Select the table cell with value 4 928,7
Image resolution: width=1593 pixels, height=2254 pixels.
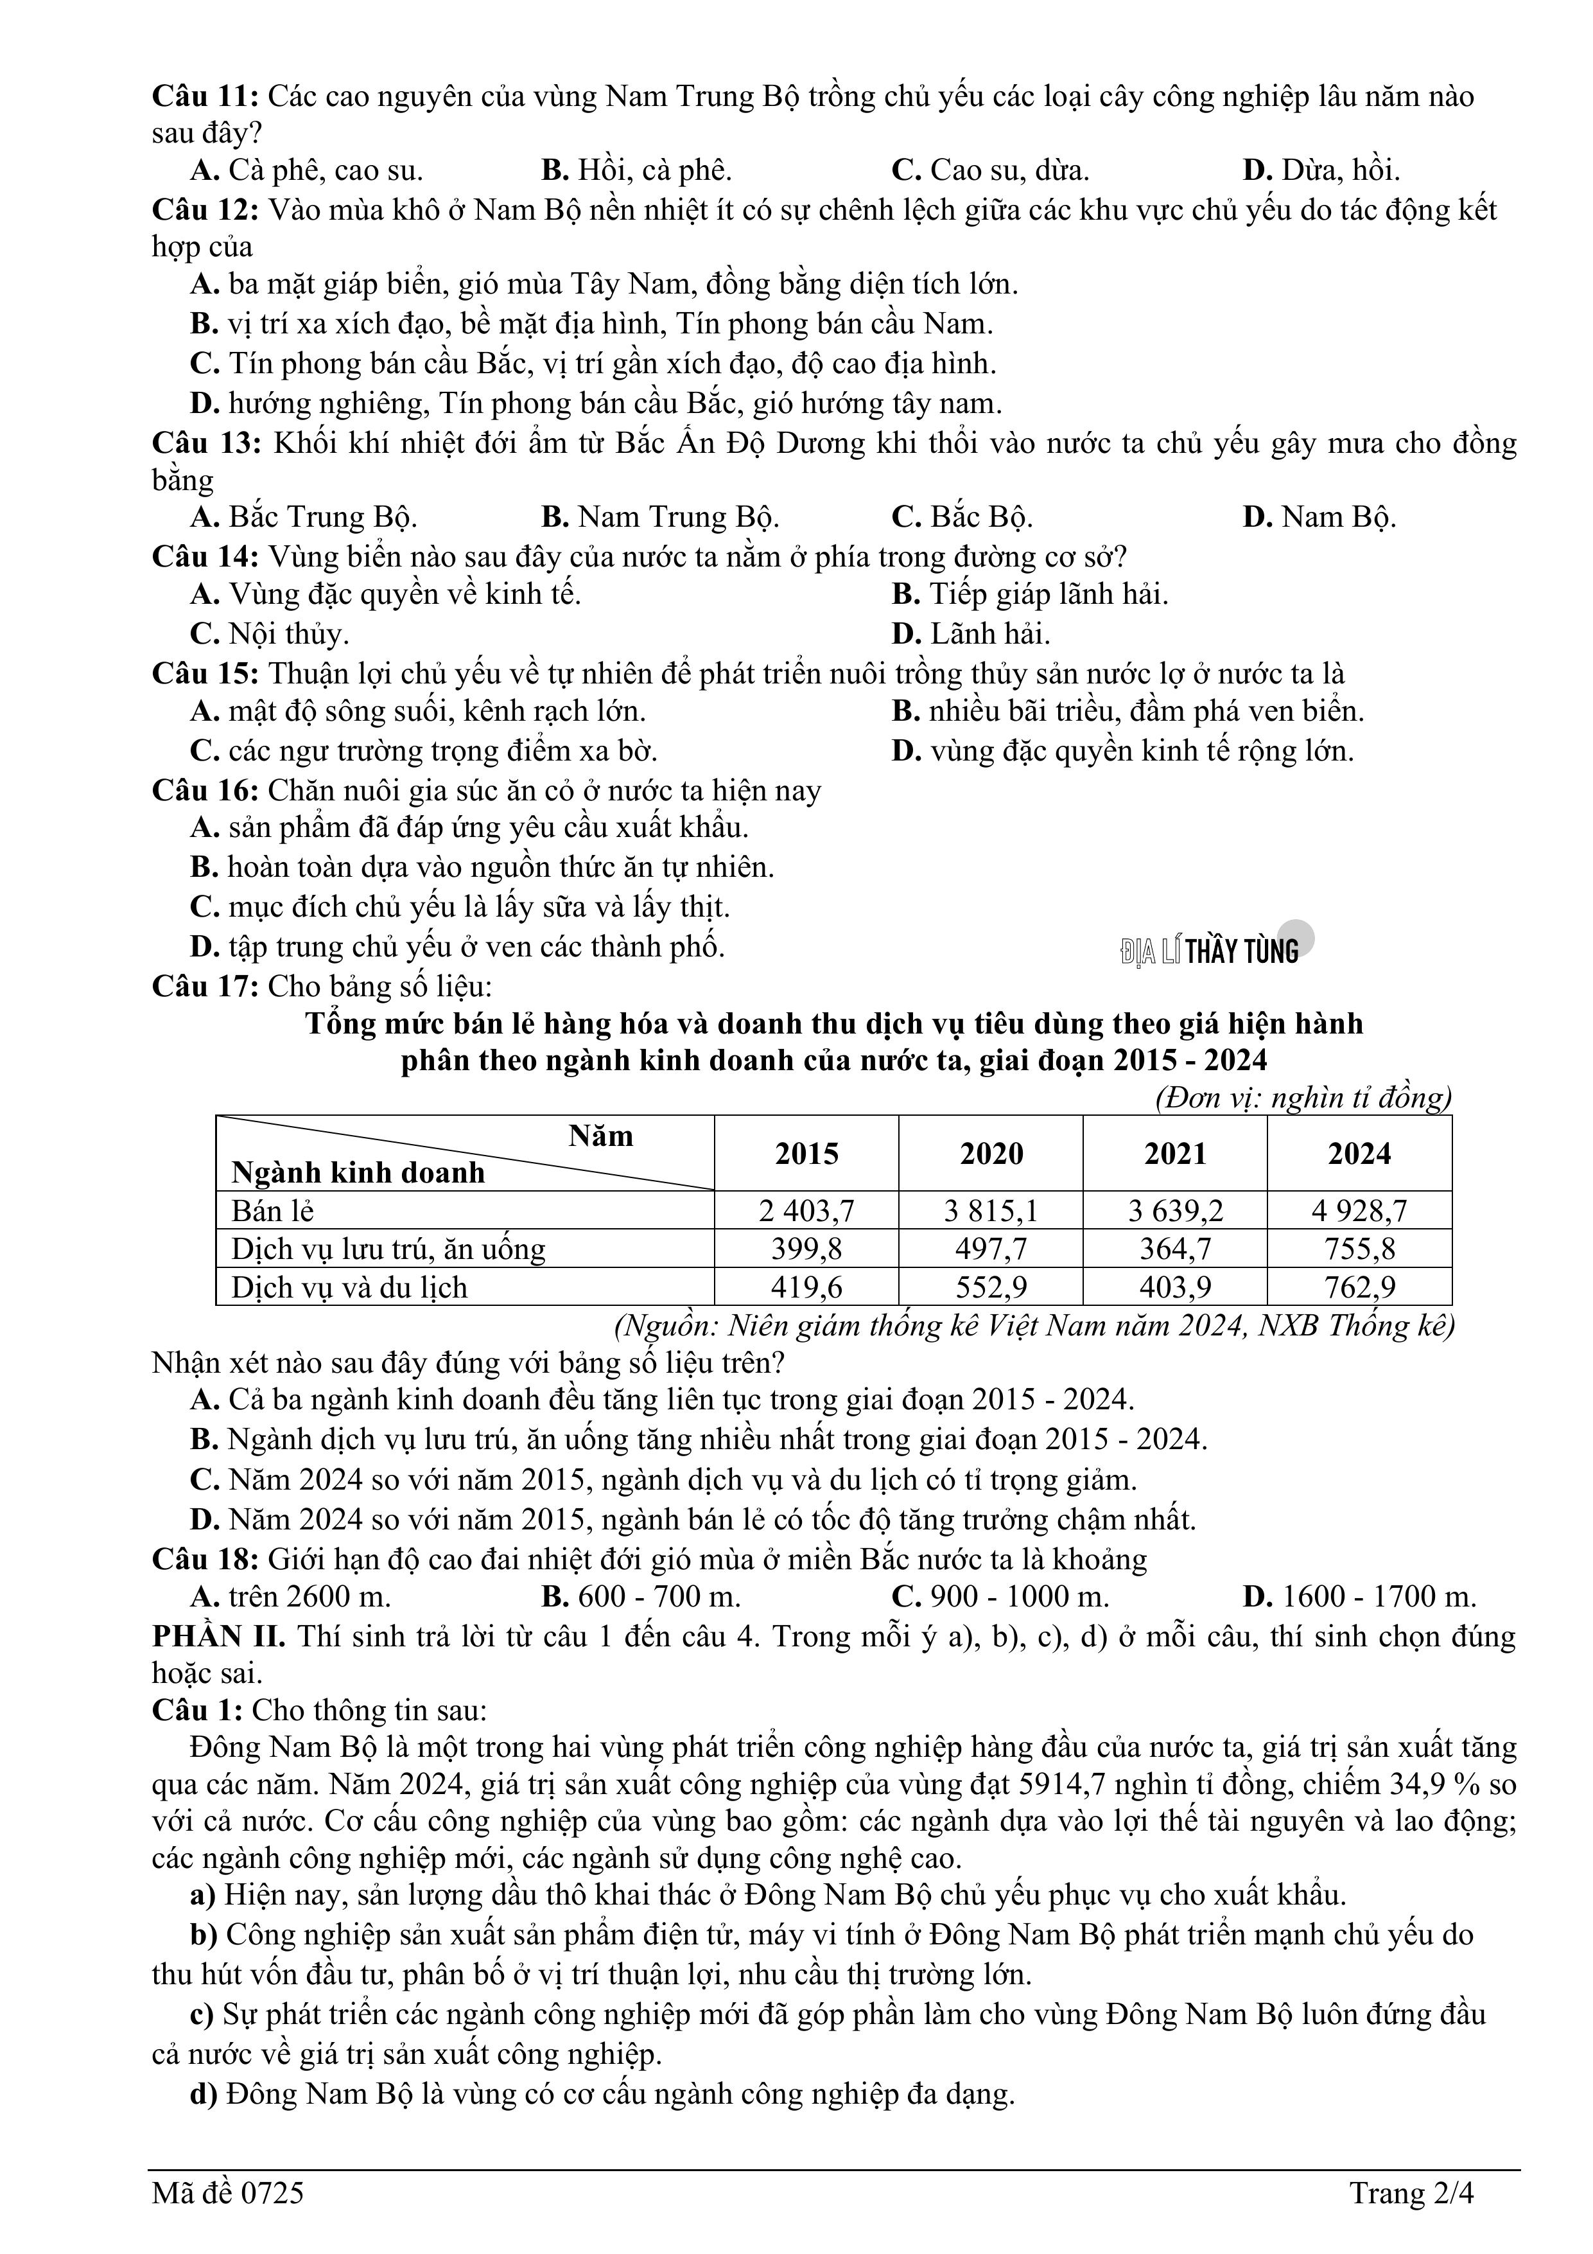(1359, 1210)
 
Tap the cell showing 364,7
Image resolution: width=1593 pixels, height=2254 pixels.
(1175, 1249)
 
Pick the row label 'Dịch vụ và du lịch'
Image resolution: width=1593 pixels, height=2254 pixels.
(349, 1287)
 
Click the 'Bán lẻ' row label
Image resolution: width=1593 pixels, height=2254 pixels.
(272, 1210)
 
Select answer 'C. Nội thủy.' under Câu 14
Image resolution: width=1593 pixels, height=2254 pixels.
(269, 633)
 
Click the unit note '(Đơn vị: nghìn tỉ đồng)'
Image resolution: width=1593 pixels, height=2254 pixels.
(1303, 1096)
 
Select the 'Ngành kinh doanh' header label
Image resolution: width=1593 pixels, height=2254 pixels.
(358, 1172)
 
